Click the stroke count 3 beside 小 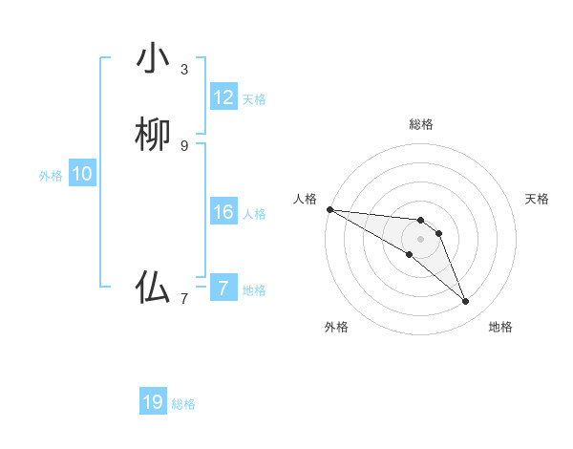pos(184,70)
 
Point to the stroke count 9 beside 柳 pos(184,145)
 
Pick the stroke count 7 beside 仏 pos(184,299)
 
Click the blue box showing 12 pos(223,97)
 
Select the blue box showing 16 pos(223,212)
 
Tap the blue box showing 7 pos(223,289)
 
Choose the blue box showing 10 pos(82,174)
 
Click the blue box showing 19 pos(153,402)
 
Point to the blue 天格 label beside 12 pos(254,99)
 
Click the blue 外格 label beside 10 pos(51,176)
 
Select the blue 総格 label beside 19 pos(183,404)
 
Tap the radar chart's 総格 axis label pos(420,124)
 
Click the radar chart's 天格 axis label pos(537,199)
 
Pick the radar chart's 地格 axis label pos(500,327)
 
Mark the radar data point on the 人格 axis pos(329,209)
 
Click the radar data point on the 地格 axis pos(466,302)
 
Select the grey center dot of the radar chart pos(420,239)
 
